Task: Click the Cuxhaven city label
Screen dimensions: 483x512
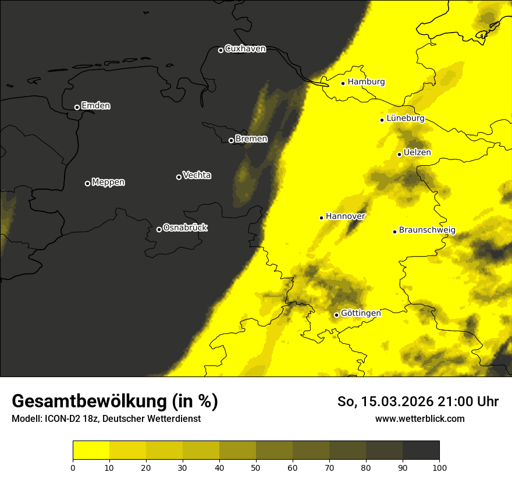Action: point(245,49)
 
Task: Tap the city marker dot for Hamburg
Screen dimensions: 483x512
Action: point(343,83)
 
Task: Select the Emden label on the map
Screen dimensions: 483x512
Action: point(95,106)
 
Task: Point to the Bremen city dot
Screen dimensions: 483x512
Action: point(231,140)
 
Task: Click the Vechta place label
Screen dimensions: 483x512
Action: point(197,175)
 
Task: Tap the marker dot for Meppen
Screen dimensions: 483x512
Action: point(87,183)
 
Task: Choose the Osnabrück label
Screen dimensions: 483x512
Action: point(185,228)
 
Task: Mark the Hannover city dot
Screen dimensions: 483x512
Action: point(321,218)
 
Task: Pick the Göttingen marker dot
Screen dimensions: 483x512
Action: point(336,315)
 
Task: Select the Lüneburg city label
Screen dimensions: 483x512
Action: point(405,118)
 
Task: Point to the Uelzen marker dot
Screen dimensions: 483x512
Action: point(399,154)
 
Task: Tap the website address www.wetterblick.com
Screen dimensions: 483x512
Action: point(419,418)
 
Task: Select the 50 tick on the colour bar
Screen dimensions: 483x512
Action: point(256,467)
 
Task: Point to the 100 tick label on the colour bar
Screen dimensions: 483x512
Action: point(439,467)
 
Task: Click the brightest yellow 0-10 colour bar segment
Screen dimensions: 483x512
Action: point(91,450)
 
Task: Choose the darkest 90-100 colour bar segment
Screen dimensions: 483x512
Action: point(421,450)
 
